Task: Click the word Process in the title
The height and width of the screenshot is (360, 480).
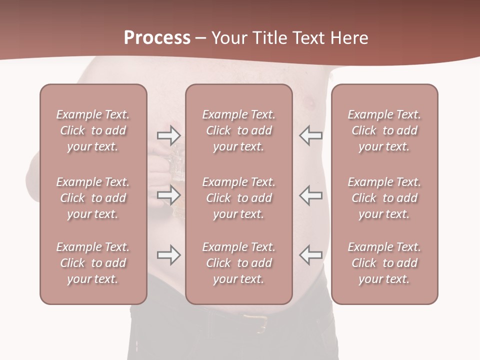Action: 157,38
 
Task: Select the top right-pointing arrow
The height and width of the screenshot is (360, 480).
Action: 168,135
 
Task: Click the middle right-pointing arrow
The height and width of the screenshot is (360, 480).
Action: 168,195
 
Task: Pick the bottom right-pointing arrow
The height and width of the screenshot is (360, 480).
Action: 168,255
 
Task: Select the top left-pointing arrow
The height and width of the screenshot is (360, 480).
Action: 310,135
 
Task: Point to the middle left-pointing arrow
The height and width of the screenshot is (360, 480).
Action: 310,195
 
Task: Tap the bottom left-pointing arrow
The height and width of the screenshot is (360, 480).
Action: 310,255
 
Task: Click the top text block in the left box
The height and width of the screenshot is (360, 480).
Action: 93,130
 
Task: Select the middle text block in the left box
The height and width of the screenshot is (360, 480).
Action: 93,198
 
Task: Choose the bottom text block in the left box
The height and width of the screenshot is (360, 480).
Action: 93,263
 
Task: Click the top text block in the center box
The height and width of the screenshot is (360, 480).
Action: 238,130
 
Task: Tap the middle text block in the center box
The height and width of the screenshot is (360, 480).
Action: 238,198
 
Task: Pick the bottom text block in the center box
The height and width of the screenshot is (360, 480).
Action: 238,263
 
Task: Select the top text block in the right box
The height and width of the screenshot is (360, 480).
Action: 384,130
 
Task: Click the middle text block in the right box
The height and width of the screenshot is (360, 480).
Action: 384,198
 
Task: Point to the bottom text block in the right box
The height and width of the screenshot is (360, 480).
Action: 384,263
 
